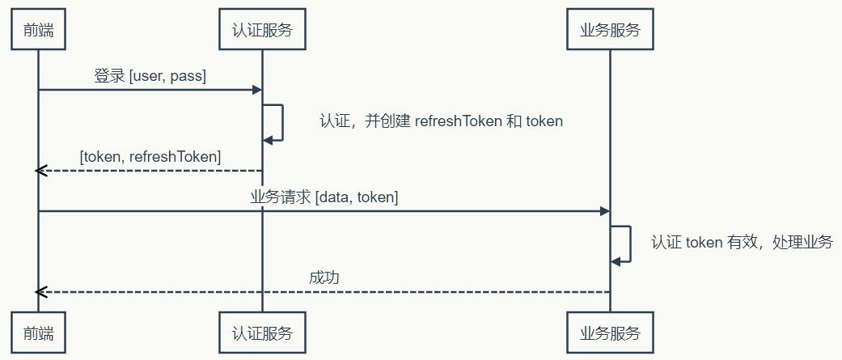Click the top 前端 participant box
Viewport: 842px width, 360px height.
pyautogui.click(x=38, y=31)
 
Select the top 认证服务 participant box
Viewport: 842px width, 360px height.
pyautogui.click(x=262, y=31)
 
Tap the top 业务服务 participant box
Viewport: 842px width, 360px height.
pyautogui.click(x=610, y=31)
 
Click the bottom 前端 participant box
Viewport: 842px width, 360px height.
pyautogui.click(x=38, y=332)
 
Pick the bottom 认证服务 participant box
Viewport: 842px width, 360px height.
pyautogui.click(x=262, y=332)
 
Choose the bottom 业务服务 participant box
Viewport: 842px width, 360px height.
pyautogui.click(x=610, y=332)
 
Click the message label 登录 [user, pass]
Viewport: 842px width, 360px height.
pyautogui.click(x=150, y=76)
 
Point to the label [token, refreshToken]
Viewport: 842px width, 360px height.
pyautogui.click(x=150, y=157)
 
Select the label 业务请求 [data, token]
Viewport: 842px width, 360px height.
pyautogui.click(x=324, y=197)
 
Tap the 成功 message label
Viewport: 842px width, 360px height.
pyautogui.click(x=324, y=277)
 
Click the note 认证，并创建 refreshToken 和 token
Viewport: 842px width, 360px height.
pyautogui.click(x=441, y=121)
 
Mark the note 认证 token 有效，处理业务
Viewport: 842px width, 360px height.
pyautogui.click(x=742, y=242)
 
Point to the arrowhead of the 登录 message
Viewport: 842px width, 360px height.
pyautogui.click(x=256, y=89)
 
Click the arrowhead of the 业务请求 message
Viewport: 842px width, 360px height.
pyautogui.click(x=604, y=210)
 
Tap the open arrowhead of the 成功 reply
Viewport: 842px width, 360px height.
pyautogui.click(x=41, y=291)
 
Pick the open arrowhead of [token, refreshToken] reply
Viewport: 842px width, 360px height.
pyautogui.click(x=41, y=170)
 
